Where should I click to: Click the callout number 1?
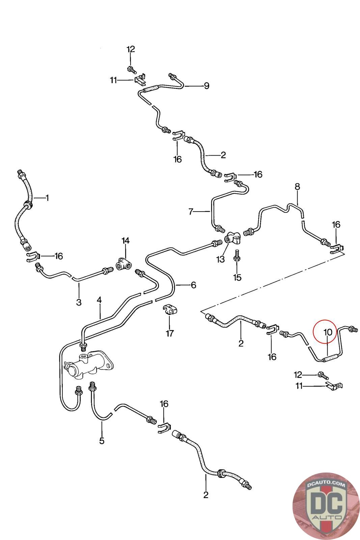tap(47, 198)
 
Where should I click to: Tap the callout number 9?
tap(206, 86)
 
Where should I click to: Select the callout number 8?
tap(297, 187)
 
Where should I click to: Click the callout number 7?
tap(191, 212)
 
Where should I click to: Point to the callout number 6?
tap(193, 285)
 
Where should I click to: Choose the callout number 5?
tap(102, 441)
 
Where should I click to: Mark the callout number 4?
tap(99, 300)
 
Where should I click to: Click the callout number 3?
tap(79, 302)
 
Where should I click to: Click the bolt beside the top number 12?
tap(131, 70)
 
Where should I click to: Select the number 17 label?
tap(170, 333)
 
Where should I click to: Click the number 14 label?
tap(126, 241)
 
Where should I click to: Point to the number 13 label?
tap(220, 259)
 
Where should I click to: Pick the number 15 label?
tap(237, 277)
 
